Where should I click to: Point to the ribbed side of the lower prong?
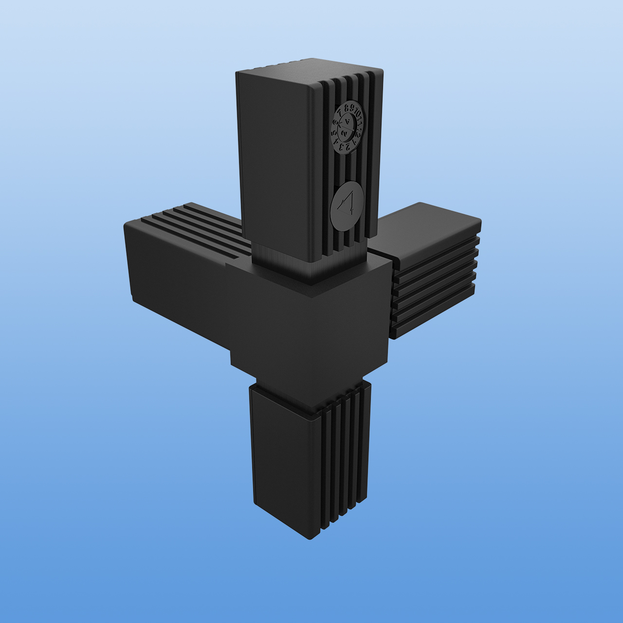(x=346, y=458)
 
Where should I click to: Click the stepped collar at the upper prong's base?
(x=311, y=273)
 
